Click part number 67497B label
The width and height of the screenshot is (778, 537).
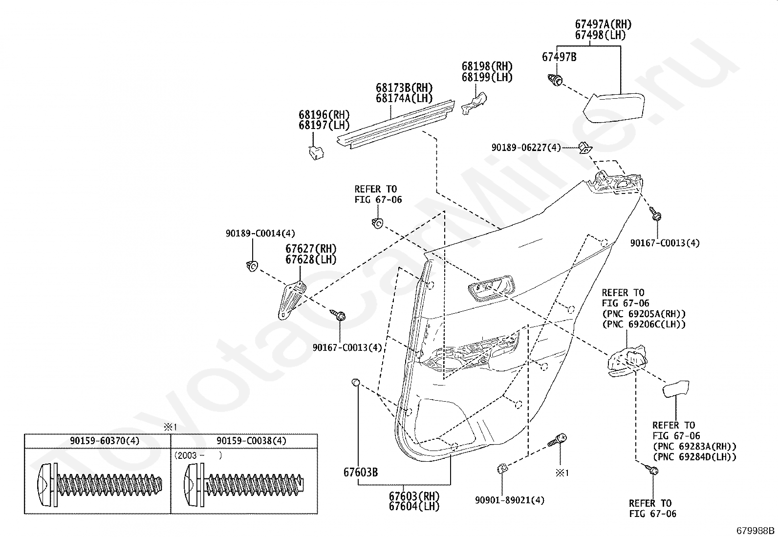[x=559, y=57]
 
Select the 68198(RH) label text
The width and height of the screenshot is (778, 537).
[x=487, y=66]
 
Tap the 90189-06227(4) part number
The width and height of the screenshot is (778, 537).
[x=526, y=148]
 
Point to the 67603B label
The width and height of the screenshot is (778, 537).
[x=361, y=473]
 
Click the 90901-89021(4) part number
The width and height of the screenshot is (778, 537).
[x=510, y=500]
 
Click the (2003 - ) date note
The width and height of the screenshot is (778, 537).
[x=198, y=455]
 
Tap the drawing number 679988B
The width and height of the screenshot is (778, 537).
[x=756, y=531]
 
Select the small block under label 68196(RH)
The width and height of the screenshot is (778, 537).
[x=316, y=153]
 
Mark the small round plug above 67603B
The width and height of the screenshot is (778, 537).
[x=356, y=383]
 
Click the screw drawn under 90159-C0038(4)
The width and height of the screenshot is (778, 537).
[x=244, y=485]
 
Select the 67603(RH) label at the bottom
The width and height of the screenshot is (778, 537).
[x=414, y=496]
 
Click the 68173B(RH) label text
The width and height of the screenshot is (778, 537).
[x=404, y=88]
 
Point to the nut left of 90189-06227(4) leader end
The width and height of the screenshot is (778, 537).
[x=585, y=148]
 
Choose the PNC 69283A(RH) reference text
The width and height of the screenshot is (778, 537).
[x=694, y=446]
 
